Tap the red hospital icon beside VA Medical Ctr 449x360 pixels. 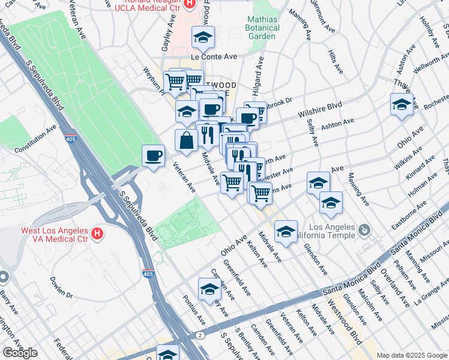point(95,232)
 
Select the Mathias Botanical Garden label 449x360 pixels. point(262,28)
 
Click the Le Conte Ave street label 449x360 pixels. point(214,56)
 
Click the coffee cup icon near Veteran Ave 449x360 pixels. point(154,156)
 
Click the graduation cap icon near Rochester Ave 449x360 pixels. point(402,104)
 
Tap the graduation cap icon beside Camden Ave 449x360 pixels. point(209,289)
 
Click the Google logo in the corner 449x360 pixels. point(19,352)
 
